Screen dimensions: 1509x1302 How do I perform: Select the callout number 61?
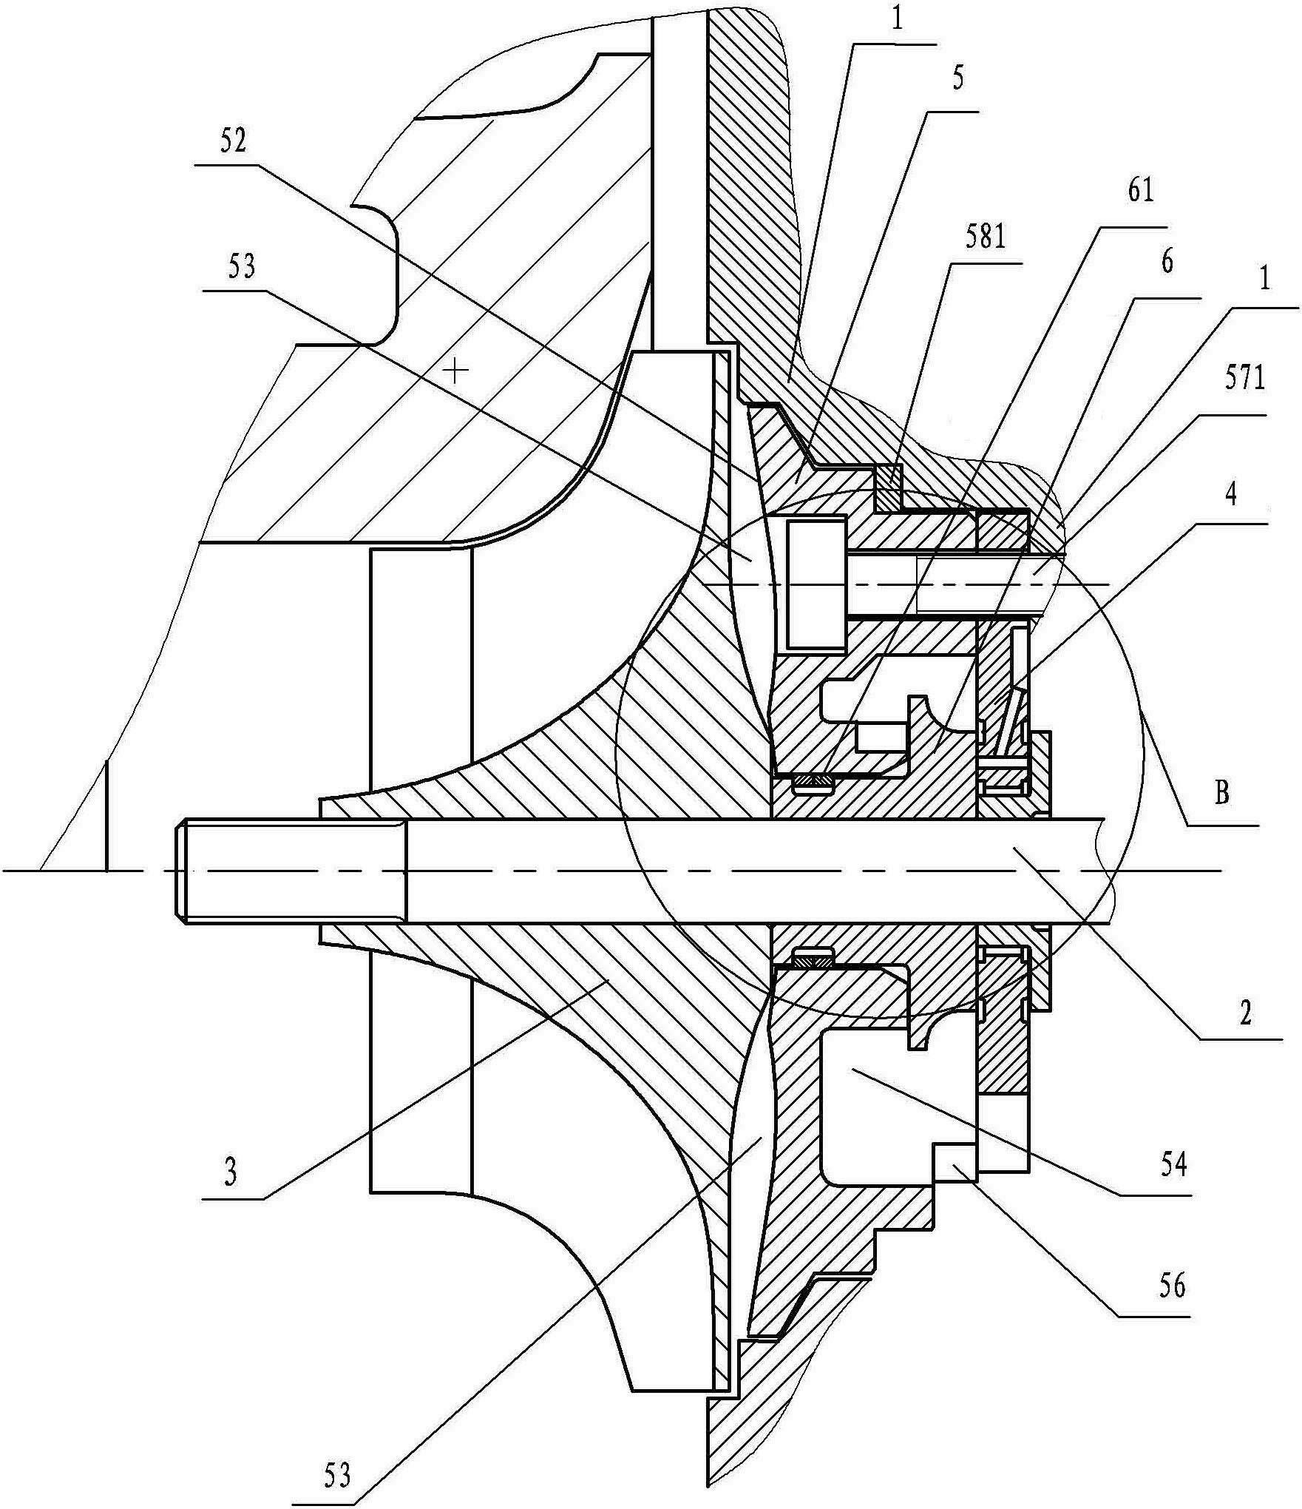click(x=1140, y=192)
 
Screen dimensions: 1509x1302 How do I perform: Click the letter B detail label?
click(x=1221, y=793)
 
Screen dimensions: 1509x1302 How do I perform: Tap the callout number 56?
click(x=1171, y=1287)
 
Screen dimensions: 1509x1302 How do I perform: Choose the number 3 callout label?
click(x=231, y=1173)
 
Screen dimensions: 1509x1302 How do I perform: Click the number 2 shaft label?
click(x=1245, y=1015)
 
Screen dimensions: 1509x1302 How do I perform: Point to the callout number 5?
click(x=957, y=79)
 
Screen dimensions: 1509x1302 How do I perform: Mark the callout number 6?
click(x=1167, y=263)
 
